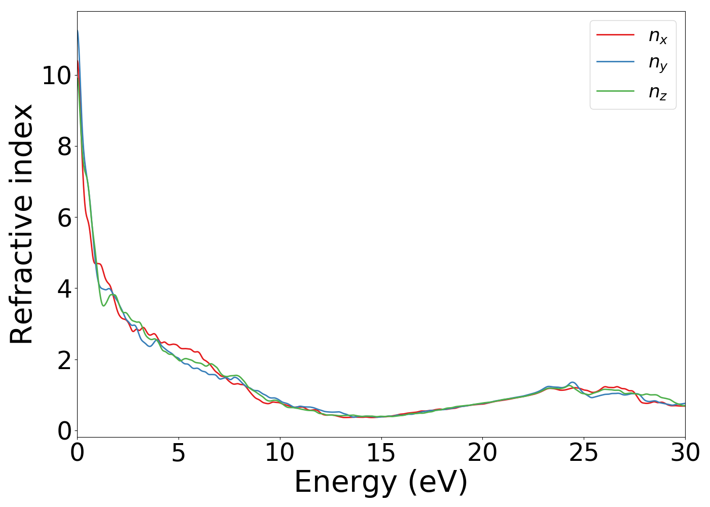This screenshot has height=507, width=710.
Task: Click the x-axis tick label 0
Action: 77,453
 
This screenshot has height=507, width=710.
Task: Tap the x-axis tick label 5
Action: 179,453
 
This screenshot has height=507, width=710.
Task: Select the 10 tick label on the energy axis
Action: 279,453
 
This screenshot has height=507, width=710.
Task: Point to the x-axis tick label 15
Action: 381,453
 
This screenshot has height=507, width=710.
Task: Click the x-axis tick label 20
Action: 482,453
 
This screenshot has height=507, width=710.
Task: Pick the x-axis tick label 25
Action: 584,453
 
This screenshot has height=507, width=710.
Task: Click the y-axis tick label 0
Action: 64,431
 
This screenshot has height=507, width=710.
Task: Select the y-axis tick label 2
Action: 64,360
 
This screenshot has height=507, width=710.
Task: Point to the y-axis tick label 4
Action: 64,288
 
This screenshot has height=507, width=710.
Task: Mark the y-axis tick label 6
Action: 64,218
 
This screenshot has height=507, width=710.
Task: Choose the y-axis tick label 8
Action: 64,147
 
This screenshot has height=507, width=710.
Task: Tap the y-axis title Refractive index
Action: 21,224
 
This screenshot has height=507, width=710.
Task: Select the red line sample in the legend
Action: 615,34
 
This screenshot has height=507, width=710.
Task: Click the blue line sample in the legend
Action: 615,62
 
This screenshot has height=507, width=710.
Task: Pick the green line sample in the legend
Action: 615,91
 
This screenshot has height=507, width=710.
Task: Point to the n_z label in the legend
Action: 658,92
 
